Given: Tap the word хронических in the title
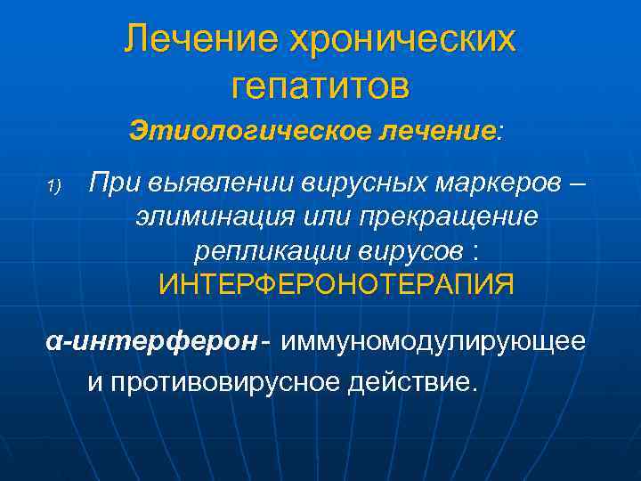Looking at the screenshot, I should point(402,39).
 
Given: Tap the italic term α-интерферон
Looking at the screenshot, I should point(152,342).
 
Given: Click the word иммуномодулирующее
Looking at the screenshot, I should point(435,342).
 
